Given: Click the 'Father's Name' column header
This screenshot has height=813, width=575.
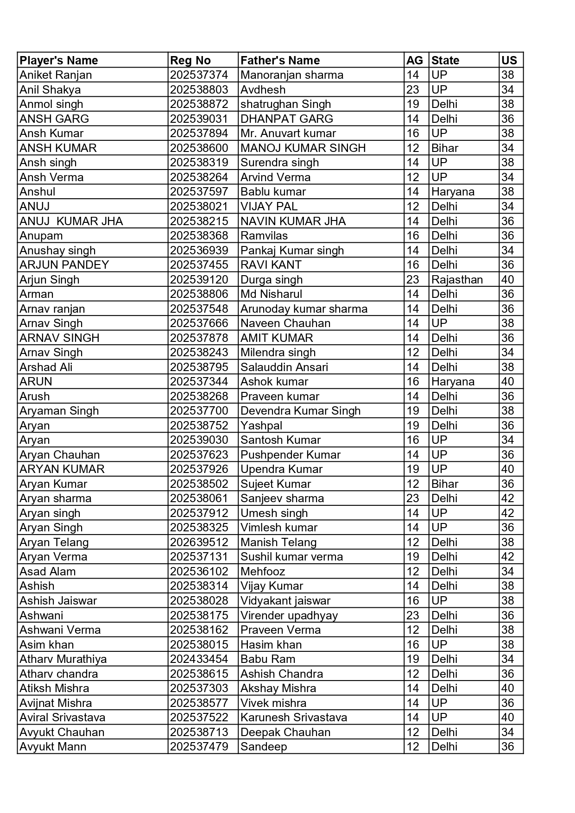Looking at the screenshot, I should (280, 60).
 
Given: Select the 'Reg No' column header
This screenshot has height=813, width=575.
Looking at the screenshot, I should (190, 60).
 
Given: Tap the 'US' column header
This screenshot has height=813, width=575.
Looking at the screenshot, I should (509, 60).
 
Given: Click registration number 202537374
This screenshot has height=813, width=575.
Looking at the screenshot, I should (199, 75).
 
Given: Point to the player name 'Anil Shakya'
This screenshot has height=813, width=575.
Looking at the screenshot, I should (50, 89).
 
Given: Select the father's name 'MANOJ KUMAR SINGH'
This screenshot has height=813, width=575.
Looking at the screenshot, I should (303, 148).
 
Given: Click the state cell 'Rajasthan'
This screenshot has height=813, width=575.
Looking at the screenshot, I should (457, 279).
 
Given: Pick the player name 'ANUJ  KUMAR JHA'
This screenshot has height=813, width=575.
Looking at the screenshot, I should (71, 221).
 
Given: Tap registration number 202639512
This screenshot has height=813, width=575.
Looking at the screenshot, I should (199, 542).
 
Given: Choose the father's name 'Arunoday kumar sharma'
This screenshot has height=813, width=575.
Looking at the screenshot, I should (304, 309).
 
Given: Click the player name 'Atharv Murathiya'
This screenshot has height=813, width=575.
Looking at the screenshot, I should (63, 659).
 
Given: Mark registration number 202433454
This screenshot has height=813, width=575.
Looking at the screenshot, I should (199, 659).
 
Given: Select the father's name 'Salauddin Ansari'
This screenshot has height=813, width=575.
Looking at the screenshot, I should (284, 367).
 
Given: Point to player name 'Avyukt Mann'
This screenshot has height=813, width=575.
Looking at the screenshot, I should (53, 746).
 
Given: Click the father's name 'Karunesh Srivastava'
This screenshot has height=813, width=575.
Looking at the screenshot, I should (294, 717).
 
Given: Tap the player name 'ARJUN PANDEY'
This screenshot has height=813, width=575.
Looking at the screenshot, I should (64, 265).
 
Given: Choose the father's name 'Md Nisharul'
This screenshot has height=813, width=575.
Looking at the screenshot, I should (271, 294).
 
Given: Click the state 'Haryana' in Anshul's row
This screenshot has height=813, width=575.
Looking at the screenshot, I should (453, 192).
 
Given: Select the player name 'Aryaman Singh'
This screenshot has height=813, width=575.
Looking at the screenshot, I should (59, 410).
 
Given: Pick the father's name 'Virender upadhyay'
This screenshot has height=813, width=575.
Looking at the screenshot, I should (289, 615).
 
